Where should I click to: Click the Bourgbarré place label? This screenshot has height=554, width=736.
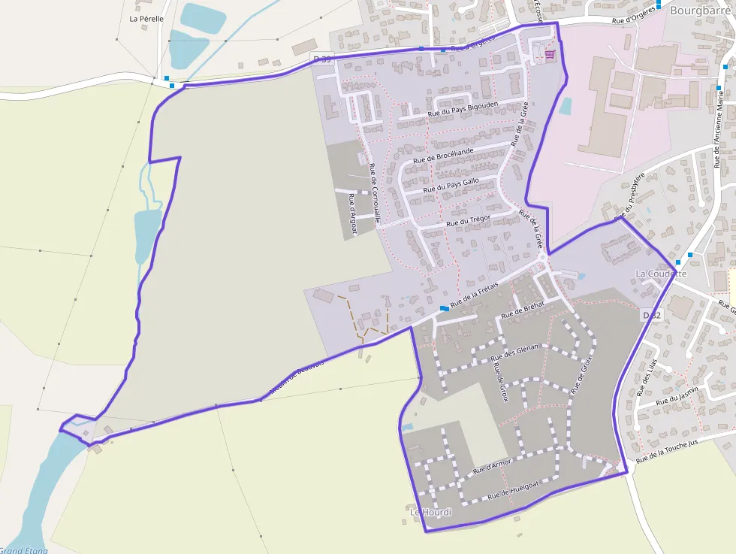[x=701, y=11]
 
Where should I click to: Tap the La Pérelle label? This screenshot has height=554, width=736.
[x=146, y=19]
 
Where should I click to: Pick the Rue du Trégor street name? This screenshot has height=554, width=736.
[x=469, y=220]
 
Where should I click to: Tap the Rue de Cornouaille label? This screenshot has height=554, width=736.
[x=373, y=194]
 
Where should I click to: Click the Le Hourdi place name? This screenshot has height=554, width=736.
[x=431, y=513]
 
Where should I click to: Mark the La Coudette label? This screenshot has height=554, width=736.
[x=661, y=274]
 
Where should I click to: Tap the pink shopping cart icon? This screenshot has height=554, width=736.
[x=550, y=54]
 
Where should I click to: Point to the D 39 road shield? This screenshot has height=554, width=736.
[x=322, y=58]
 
